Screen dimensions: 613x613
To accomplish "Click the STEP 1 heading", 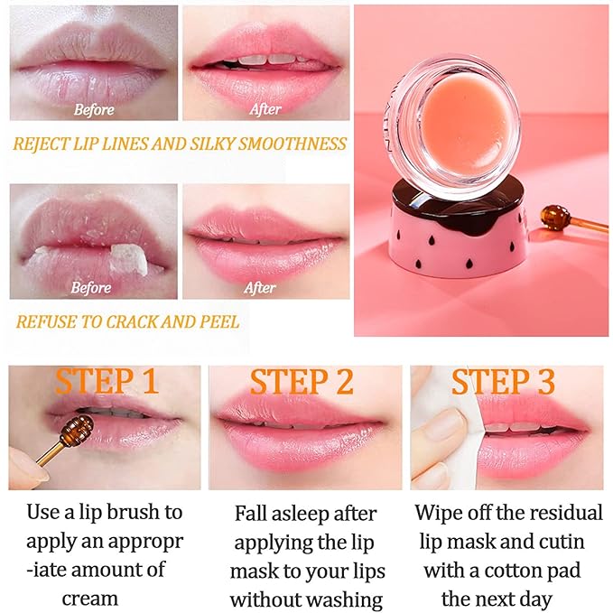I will pos(107,381).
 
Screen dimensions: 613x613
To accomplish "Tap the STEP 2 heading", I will pos(302,382).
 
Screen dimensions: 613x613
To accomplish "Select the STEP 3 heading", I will pos(503,382).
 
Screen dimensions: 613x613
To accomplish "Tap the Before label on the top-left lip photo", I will pos(94,110).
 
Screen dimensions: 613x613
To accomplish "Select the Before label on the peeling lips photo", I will pos(90,288).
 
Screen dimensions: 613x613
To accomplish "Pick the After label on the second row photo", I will pos(260,288).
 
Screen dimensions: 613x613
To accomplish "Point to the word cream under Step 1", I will pos(89,598).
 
